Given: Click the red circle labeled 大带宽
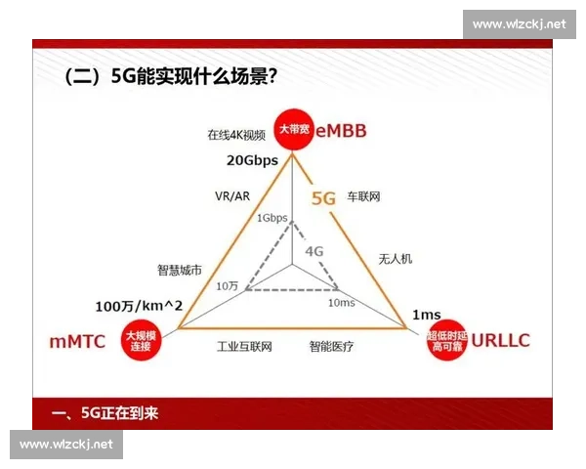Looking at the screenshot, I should pos(290,130).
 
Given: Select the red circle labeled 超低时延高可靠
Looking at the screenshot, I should pos(444,342).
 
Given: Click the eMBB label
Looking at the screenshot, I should pos(340,130).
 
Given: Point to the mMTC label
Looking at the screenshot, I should pos(77,342).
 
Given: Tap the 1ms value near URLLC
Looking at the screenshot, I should pos(426,314).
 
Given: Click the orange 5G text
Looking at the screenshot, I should pos(323,198).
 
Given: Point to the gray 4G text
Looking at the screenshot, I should pos(314,250).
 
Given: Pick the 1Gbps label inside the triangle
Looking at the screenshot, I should pos(272,218).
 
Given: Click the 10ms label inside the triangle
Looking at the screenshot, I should pos(341,303).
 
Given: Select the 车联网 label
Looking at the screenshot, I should pos(363,197).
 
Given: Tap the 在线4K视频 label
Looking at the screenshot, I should pos(235,135).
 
